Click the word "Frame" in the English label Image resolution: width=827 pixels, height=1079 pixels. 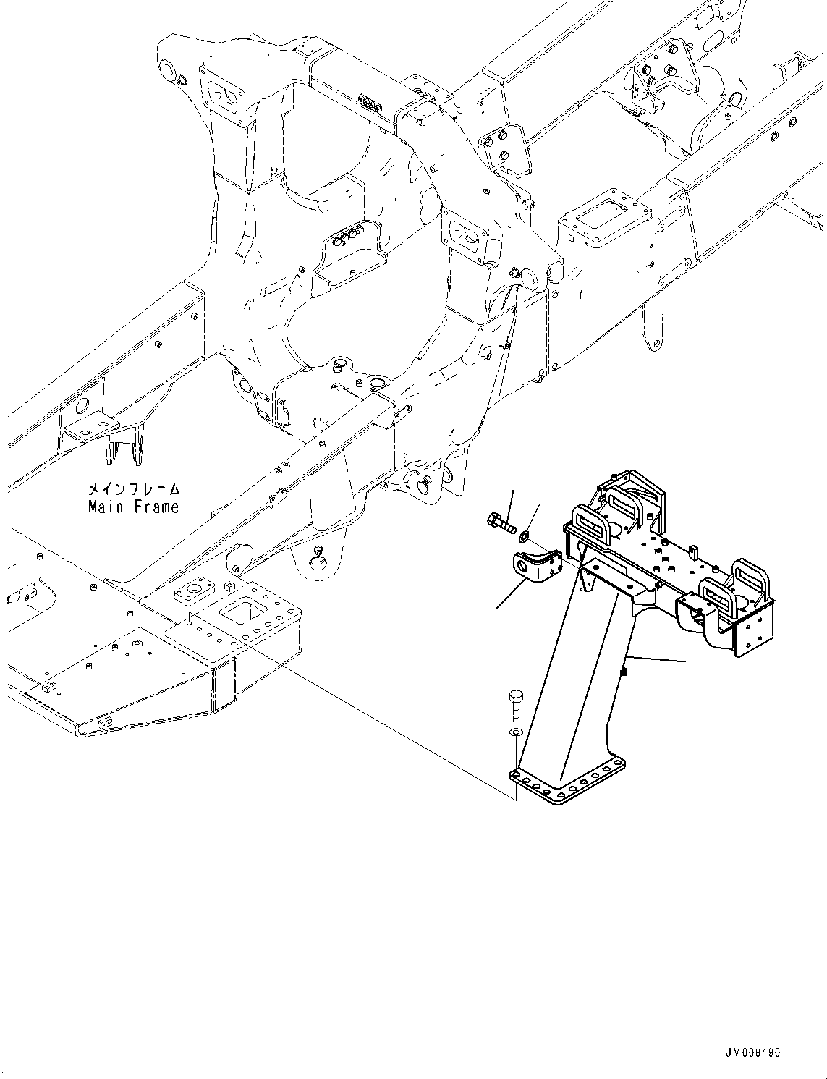154,507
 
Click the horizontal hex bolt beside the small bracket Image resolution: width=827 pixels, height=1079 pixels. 499,523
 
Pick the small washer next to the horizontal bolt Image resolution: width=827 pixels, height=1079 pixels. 524,536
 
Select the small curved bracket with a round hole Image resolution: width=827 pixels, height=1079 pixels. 537,564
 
